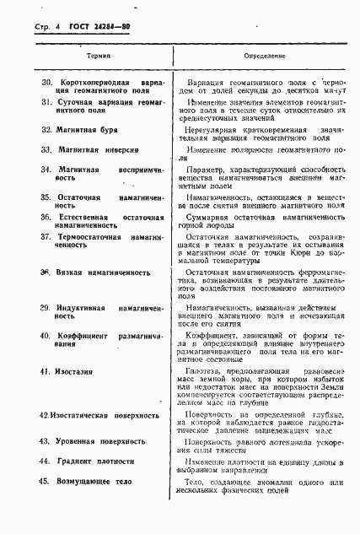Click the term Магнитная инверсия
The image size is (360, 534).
[x=98, y=148]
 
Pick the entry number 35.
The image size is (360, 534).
[x=47, y=196]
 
